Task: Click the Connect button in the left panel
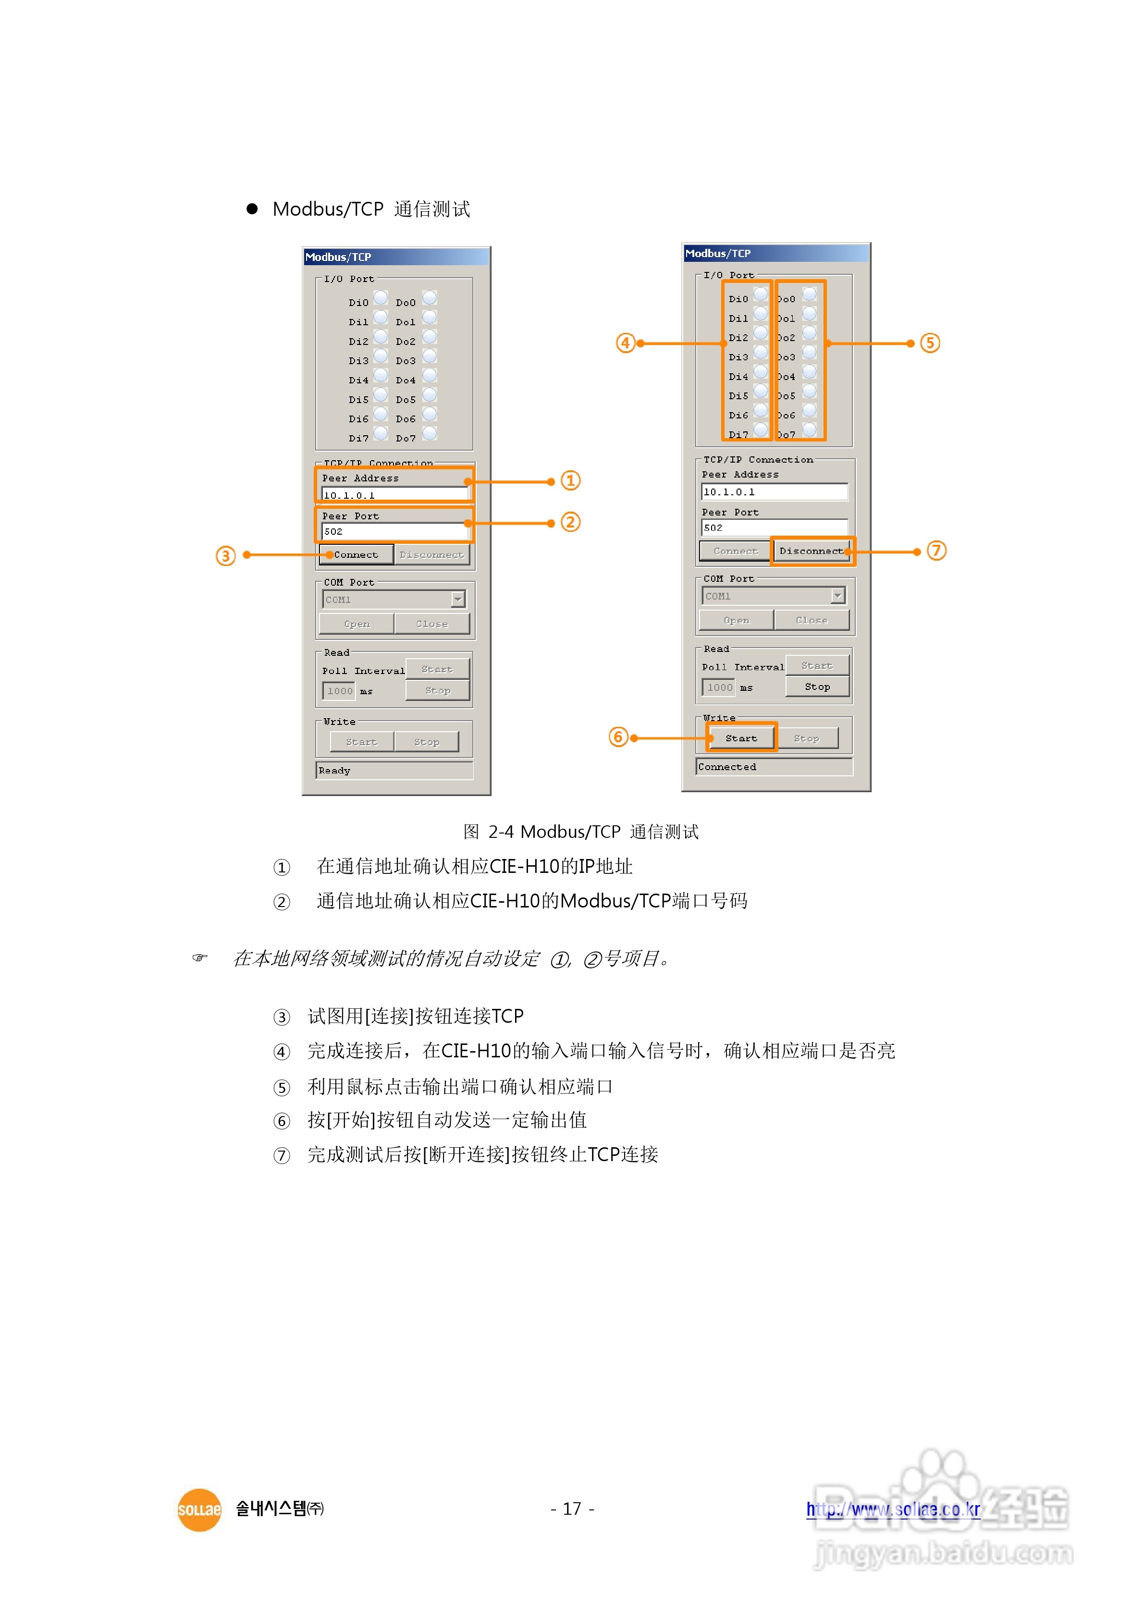[x=356, y=554]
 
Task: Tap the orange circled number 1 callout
[x=570, y=480]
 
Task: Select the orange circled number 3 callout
[x=225, y=556]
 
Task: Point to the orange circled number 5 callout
[x=930, y=343]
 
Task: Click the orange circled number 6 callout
[x=618, y=737]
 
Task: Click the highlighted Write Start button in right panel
[x=741, y=738]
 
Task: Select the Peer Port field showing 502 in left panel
[x=395, y=531]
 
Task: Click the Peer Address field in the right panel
[x=774, y=492]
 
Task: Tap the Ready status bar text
[x=335, y=770]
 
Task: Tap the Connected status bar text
[x=727, y=767]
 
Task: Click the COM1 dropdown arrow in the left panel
[x=458, y=599]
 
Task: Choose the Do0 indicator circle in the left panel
[x=429, y=298]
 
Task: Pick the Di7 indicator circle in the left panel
[x=381, y=433]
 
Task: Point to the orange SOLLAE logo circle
[x=199, y=1509]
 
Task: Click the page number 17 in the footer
[x=572, y=1509]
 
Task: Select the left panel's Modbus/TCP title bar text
[x=338, y=257]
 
